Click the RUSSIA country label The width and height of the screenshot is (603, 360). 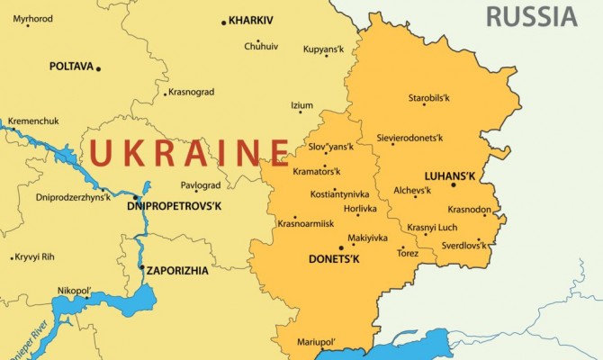pos(531,15)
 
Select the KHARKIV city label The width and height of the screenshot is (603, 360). pos(255,20)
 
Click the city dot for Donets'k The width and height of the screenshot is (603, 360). pos(341,247)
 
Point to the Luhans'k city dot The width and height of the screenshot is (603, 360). pos(454,184)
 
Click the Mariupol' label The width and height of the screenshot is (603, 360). pos(316,342)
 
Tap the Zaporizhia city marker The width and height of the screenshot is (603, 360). pos(141,267)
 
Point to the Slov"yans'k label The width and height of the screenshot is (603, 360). pos(331,146)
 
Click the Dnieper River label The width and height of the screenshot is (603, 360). pos(26,334)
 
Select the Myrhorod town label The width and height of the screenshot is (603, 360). pos(32,18)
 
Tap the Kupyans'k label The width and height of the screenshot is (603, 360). pos(323,49)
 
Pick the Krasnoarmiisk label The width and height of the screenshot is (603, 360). pos(305,223)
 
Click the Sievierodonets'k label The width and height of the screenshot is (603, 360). pos(410,139)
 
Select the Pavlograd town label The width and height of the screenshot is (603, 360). pos(201,185)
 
